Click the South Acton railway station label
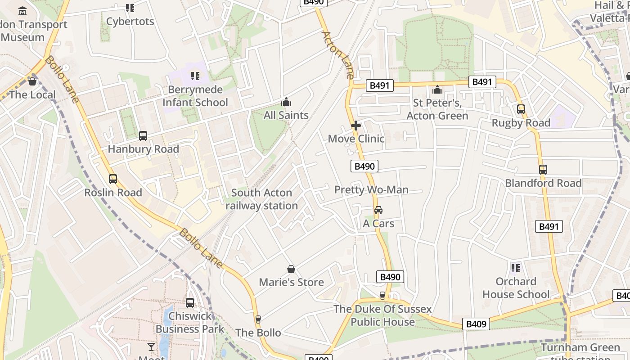pyautogui.click(x=261, y=199)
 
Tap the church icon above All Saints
pyautogui.click(x=286, y=102)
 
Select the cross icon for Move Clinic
pyautogui.click(x=356, y=126)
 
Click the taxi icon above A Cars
pyautogui.click(x=378, y=210)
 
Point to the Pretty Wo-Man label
pyautogui.click(x=371, y=190)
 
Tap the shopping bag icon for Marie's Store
pyautogui.click(x=291, y=269)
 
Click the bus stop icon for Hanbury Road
pyautogui.click(x=143, y=135)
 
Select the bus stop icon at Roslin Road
pyautogui.click(x=113, y=179)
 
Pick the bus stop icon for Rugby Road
pyautogui.click(x=521, y=109)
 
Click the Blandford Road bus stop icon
pyautogui.click(x=543, y=170)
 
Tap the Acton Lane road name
pyautogui.click(x=338, y=54)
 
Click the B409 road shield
pyautogui.click(x=476, y=324)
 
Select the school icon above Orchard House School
pyautogui.click(x=516, y=268)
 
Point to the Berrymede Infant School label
pyautogui.click(x=195, y=96)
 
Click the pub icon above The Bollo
pyautogui.click(x=258, y=319)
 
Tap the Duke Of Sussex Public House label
pyautogui.click(x=382, y=315)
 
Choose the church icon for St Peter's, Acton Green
pyautogui.click(x=437, y=90)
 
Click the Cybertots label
pyautogui.click(x=130, y=21)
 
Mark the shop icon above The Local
pyautogui.click(x=32, y=81)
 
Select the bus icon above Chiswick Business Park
pyautogui.click(x=190, y=303)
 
